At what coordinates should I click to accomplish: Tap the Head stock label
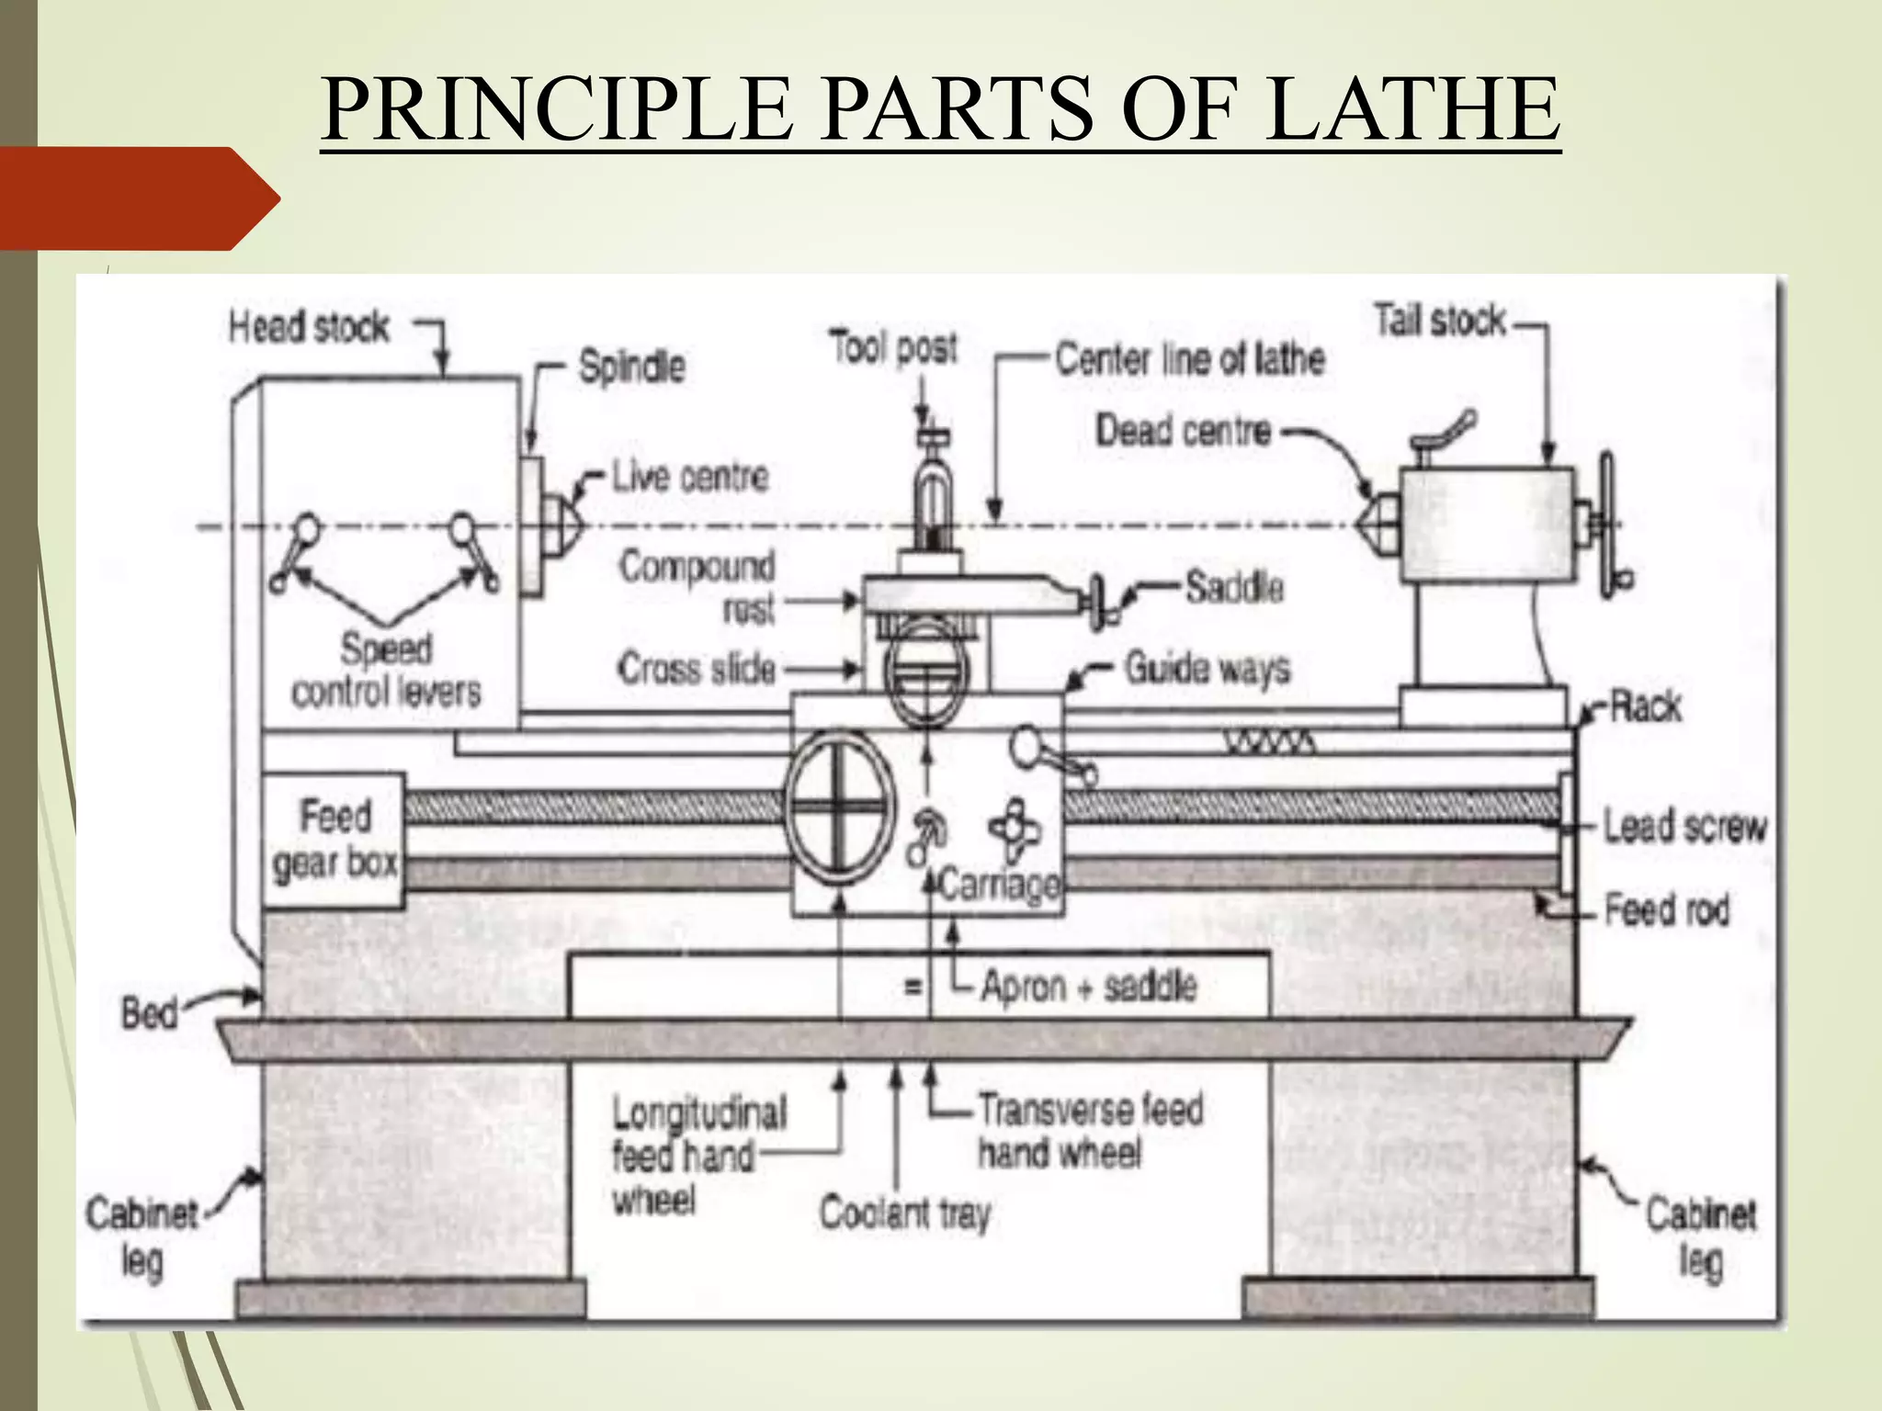309,327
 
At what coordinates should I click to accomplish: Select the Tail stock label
1440,321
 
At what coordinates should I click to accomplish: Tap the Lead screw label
1684,826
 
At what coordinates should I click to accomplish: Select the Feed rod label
1666,910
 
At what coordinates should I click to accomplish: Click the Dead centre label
1183,430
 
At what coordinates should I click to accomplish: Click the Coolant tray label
904,1213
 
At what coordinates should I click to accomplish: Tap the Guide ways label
1207,669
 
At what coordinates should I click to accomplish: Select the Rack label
1644,706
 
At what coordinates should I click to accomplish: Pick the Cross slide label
697,669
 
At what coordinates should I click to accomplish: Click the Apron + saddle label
1088,986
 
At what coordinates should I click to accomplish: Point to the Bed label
149,1014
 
